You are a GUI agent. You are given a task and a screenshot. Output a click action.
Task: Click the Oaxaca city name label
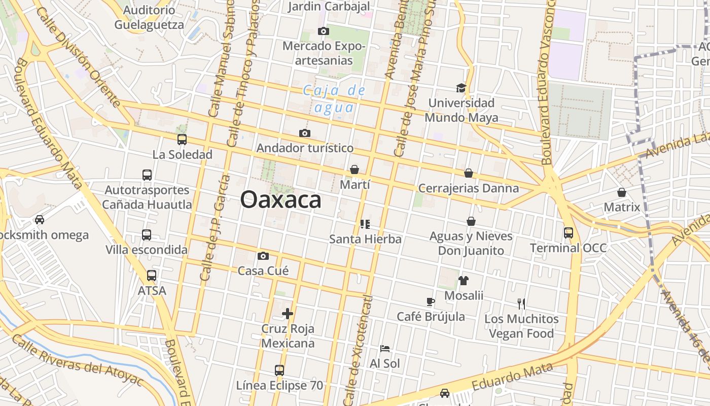pyautogui.click(x=280, y=199)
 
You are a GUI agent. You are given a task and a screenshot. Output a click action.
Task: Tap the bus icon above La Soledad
pyautogui.click(x=182, y=140)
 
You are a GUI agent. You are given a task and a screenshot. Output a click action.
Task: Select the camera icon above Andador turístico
pyautogui.click(x=304, y=133)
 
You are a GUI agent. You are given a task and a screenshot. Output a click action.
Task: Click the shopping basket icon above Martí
pyautogui.click(x=354, y=170)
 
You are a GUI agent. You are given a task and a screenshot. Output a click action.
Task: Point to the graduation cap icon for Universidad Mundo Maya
pyautogui.click(x=460, y=88)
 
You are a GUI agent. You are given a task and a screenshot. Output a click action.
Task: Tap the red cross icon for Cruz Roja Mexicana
pyautogui.click(x=288, y=314)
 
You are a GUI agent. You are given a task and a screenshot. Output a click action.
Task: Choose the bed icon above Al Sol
pyautogui.click(x=385, y=349)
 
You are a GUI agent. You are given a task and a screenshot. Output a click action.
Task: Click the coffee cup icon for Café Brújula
pyautogui.click(x=431, y=301)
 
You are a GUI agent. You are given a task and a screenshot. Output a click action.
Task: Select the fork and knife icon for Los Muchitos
pyautogui.click(x=521, y=304)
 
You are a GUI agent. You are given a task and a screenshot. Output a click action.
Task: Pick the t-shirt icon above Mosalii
pyautogui.click(x=464, y=280)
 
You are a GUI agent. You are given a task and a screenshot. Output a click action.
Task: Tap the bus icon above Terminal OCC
pyautogui.click(x=569, y=233)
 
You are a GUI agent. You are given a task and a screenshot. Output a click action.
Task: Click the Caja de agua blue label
pyautogui.click(x=334, y=99)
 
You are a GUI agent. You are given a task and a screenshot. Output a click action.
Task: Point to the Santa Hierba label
pyautogui.click(x=365, y=239)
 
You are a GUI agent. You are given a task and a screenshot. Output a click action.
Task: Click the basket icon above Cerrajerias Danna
pyautogui.click(x=469, y=173)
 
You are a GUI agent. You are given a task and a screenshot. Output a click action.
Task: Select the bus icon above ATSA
pyautogui.click(x=152, y=276)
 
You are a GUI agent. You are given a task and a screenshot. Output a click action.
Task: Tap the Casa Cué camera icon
pyautogui.click(x=263, y=256)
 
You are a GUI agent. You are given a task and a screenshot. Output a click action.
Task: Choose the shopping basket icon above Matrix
pyautogui.click(x=622, y=192)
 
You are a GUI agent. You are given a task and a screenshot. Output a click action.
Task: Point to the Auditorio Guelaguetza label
pyautogui.click(x=149, y=17)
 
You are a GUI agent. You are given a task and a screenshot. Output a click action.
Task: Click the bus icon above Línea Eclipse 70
pyautogui.click(x=279, y=370)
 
